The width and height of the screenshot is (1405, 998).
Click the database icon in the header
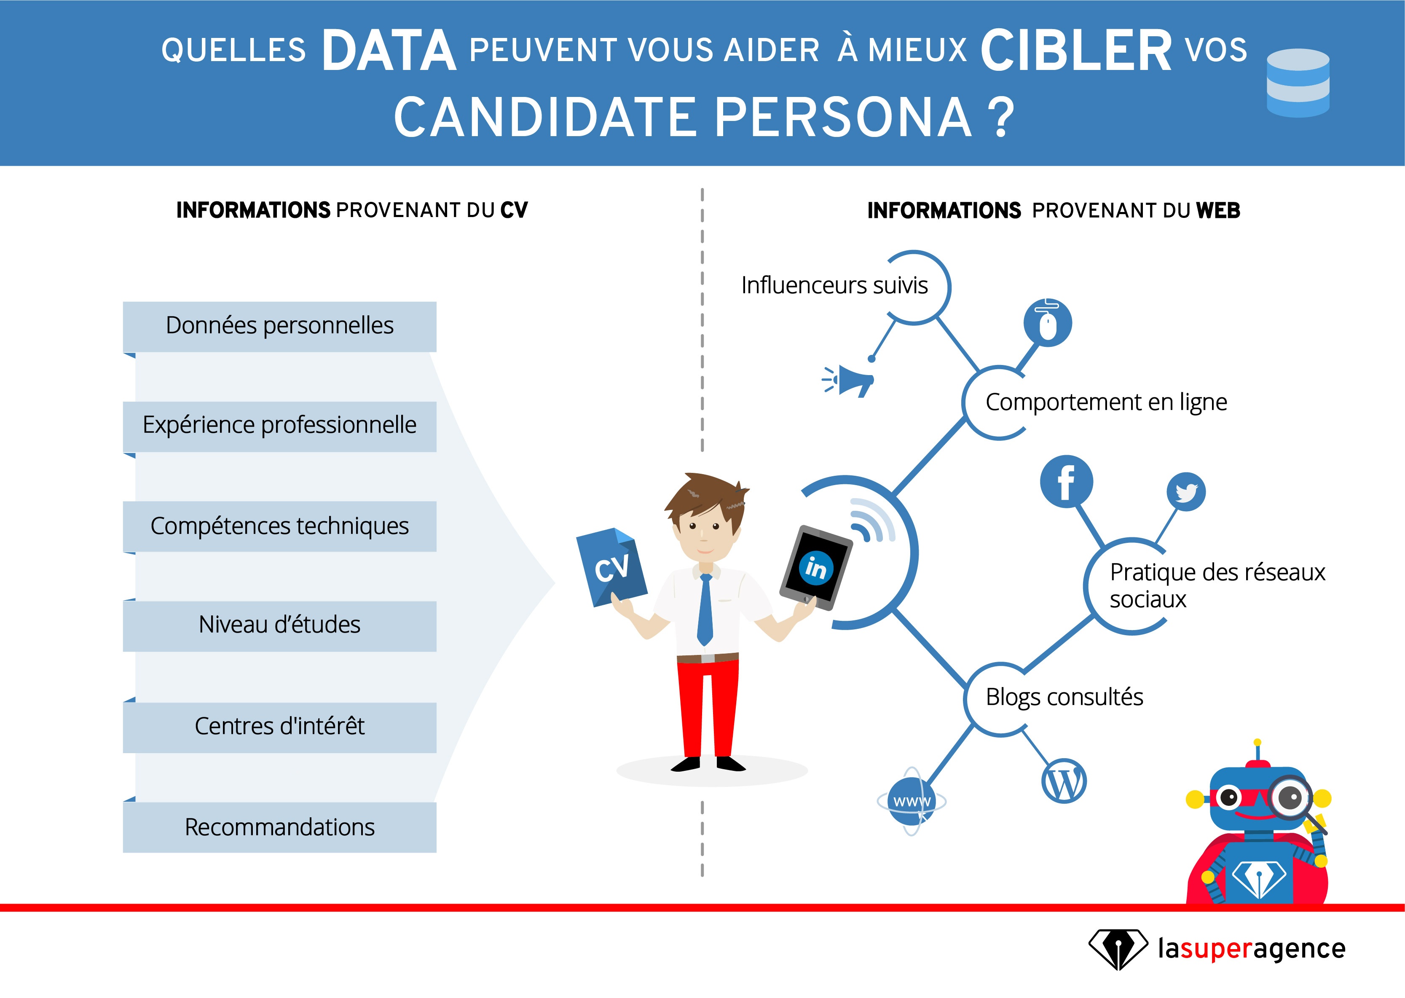click(x=1298, y=83)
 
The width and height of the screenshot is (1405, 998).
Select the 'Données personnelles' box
click(x=279, y=326)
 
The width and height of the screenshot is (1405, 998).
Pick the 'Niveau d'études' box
click(x=279, y=625)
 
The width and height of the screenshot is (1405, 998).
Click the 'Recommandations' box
click(x=279, y=827)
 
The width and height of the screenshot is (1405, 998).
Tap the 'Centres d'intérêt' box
click(x=279, y=727)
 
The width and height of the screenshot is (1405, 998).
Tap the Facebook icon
click(x=1066, y=482)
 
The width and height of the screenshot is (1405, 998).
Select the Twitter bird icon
click(x=1186, y=492)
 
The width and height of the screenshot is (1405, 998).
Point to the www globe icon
click(x=912, y=801)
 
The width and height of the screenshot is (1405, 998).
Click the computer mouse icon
click(x=1048, y=323)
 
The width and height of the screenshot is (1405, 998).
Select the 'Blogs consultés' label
click(x=1064, y=698)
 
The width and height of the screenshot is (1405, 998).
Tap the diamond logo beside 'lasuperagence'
click(x=1118, y=949)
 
